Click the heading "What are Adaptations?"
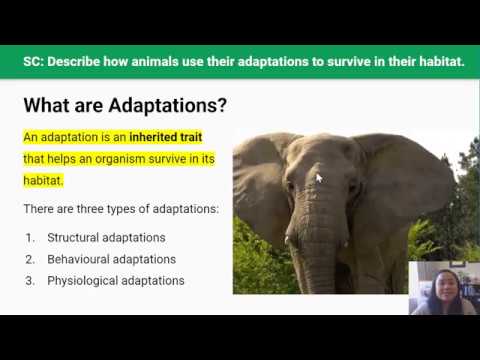[x=125, y=105]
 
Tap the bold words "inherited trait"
[x=175, y=136]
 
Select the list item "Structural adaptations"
[x=106, y=237]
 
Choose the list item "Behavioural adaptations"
[x=111, y=259]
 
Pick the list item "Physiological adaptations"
[x=115, y=281]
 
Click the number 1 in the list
[x=30, y=237]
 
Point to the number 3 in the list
[x=30, y=281]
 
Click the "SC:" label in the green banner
[x=37, y=61]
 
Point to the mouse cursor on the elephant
[x=319, y=178]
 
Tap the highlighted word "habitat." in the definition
[x=43, y=180]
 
